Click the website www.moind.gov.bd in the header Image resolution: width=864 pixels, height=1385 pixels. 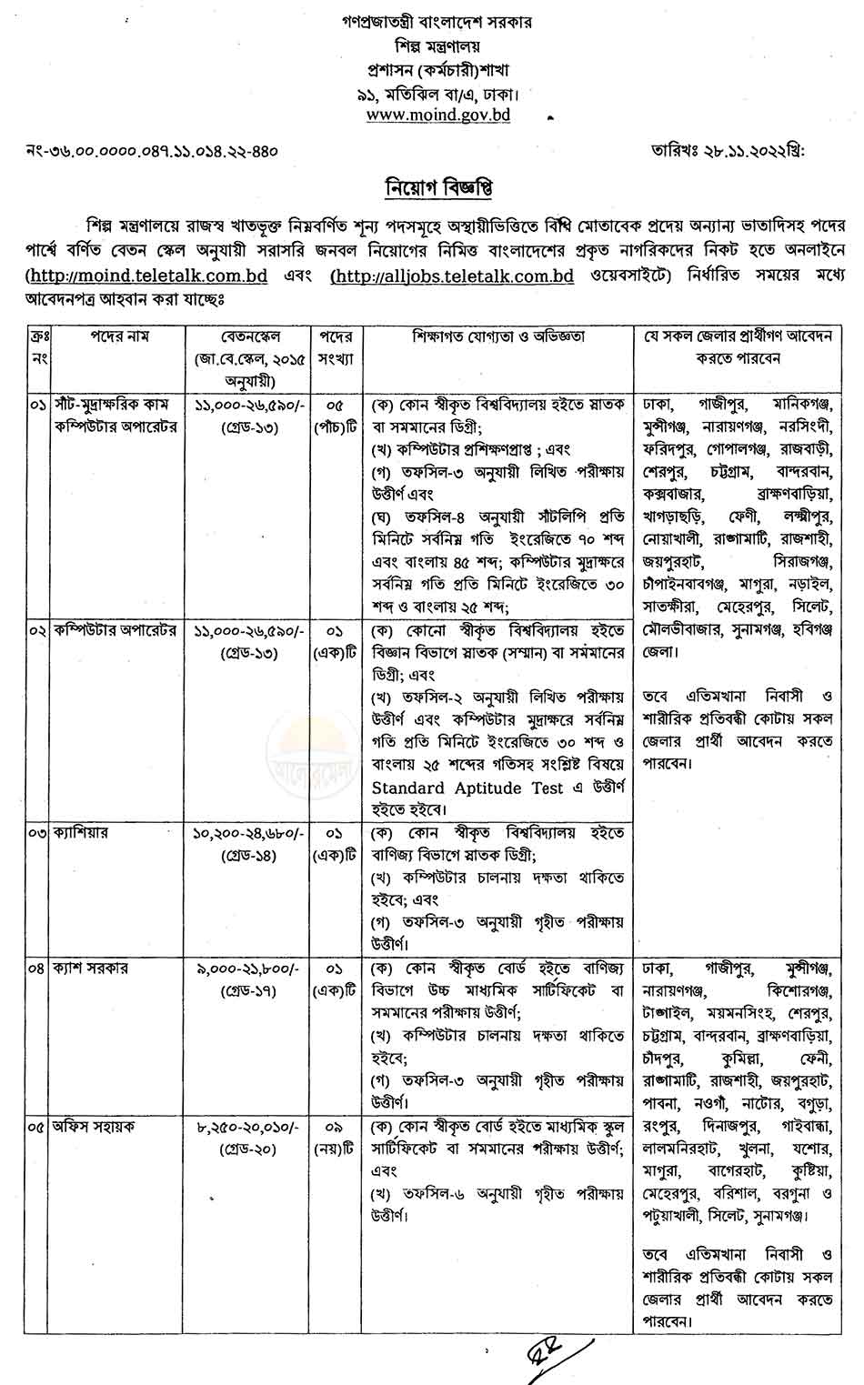437,115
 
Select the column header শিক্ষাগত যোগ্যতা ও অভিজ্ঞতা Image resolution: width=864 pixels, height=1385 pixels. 498,336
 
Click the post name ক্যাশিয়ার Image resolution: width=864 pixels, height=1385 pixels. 81,833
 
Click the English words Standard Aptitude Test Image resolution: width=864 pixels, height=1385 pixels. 467,788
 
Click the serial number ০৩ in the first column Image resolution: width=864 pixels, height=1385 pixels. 36,833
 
